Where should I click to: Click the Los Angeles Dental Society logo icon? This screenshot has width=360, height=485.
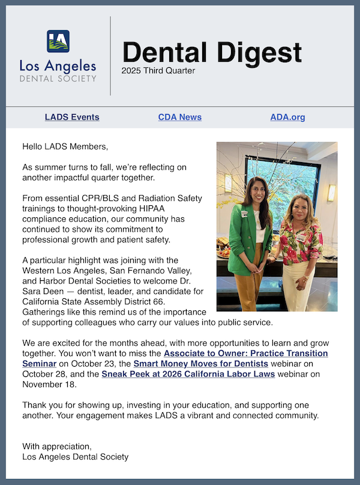click(58, 41)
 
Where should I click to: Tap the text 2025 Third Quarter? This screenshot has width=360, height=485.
click(158, 71)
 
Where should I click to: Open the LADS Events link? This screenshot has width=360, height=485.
click(72, 117)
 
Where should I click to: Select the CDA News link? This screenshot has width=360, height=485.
click(179, 117)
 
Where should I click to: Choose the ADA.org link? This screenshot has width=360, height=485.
click(287, 117)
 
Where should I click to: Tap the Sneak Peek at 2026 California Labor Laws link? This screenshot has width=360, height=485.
click(188, 374)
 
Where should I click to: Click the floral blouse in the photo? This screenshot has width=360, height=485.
click(301, 240)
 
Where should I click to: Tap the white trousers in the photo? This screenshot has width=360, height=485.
click(298, 288)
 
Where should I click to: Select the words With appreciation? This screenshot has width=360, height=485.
click(57, 446)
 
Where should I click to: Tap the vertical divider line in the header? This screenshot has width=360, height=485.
click(110, 55)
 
